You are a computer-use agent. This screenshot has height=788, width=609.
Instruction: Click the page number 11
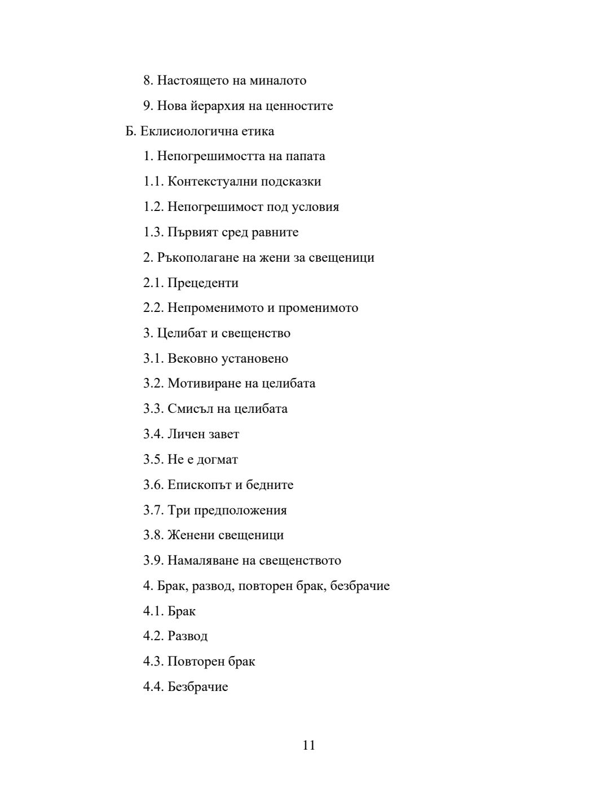[x=308, y=745]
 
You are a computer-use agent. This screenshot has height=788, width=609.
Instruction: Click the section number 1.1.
[x=153, y=182]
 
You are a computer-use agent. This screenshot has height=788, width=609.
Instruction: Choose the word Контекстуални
[x=211, y=182]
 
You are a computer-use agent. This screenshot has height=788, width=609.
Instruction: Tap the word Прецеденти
[x=203, y=283]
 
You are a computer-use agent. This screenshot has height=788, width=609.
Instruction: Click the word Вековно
[x=192, y=359]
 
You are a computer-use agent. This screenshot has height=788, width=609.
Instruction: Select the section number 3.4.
[x=153, y=434]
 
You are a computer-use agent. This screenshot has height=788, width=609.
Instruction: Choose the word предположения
[x=240, y=510]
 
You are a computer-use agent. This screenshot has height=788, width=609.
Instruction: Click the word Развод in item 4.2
[x=187, y=636]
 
